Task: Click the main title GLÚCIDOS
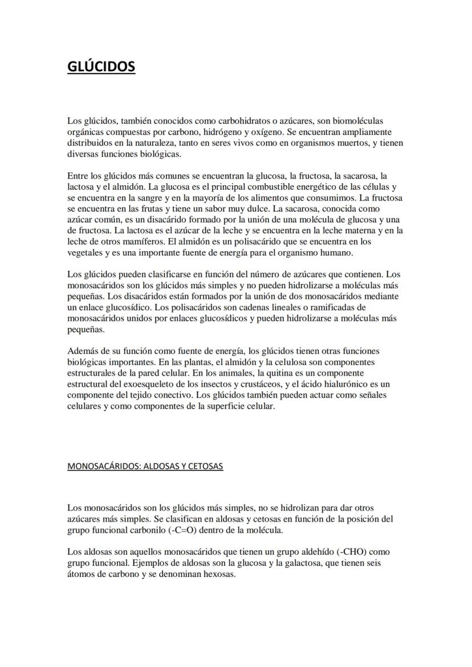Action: (x=101, y=67)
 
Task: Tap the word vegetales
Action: (x=85, y=253)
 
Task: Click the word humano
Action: (x=339, y=253)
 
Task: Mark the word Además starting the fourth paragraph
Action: (x=83, y=351)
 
